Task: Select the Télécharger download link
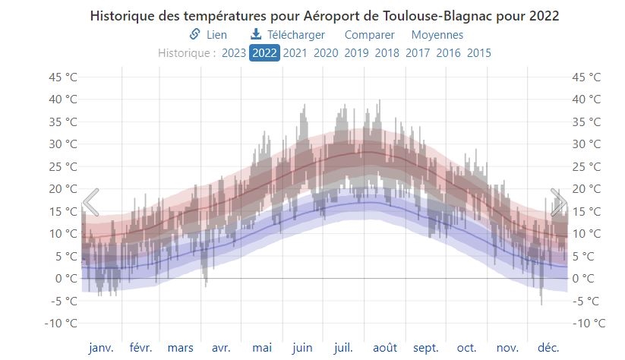[288, 35]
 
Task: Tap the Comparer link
[369, 35]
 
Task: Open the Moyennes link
[437, 35]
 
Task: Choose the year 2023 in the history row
[234, 53]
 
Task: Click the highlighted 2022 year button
[264, 53]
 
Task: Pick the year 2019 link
[356, 53]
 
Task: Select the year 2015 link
[478, 53]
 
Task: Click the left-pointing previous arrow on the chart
[90, 203]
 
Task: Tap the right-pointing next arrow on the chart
[558, 203]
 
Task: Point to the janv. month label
[101, 348]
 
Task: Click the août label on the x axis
[385, 348]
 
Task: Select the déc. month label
[548, 348]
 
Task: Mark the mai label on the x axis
[262, 348]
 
